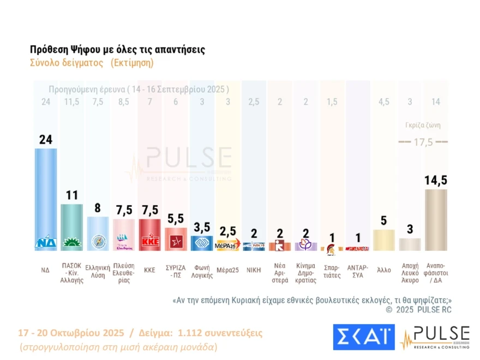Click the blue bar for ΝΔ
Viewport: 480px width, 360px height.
46,196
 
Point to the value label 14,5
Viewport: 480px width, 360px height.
436,181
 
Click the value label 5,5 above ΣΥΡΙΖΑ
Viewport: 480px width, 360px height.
176,219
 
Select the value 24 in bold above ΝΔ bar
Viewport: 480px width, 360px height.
46,140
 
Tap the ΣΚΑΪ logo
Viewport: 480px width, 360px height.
363,337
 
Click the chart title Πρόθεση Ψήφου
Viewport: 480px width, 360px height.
117,50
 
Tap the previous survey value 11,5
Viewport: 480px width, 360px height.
71,101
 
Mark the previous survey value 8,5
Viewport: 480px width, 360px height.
123,101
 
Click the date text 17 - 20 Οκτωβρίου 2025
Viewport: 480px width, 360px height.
71,333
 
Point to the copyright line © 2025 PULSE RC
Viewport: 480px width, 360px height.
418,310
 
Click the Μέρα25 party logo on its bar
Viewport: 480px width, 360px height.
227,245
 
